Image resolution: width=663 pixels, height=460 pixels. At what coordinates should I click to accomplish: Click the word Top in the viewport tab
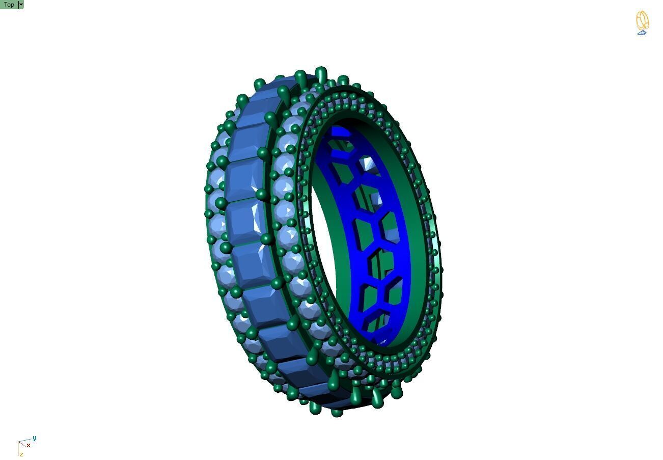coord(9,5)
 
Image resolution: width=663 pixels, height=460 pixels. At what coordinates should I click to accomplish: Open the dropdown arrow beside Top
coord(21,5)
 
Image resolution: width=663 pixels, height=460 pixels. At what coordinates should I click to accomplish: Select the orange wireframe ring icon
coord(642,20)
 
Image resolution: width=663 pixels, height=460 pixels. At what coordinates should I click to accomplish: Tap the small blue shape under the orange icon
coord(642,33)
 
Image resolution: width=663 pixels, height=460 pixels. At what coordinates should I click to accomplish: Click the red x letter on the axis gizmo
coord(29,445)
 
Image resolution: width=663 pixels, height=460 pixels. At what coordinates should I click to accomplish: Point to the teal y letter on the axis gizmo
coord(34,438)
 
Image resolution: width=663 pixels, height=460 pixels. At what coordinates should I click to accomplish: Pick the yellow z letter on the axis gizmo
coord(21,454)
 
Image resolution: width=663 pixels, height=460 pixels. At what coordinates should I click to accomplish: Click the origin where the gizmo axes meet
coord(19,442)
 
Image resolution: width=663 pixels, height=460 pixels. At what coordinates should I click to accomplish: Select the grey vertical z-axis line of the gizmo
coord(19,448)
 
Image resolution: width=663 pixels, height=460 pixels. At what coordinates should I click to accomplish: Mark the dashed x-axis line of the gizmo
coord(23,444)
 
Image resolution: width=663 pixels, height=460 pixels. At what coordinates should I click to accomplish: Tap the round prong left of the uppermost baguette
coord(260,84)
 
